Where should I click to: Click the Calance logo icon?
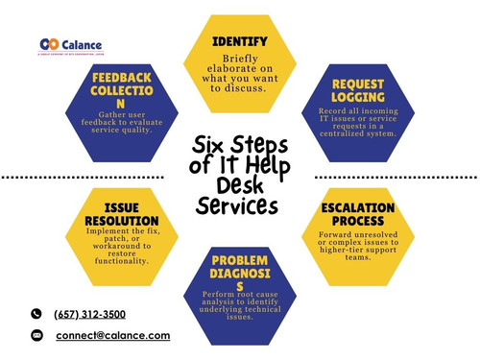(x=49, y=44)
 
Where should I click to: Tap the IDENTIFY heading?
(x=240, y=42)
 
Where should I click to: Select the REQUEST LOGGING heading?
(x=359, y=90)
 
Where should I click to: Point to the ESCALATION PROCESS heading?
(x=358, y=214)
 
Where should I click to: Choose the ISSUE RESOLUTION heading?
(x=119, y=213)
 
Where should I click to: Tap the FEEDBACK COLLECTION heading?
(x=121, y=89)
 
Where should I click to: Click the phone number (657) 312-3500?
(x=91, y=314)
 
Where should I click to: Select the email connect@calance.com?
(x=112, y=336)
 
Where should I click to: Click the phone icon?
(x=36, y=314)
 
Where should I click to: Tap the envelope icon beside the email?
(x=36, y=336)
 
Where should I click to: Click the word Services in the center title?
(x=237, y=205)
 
